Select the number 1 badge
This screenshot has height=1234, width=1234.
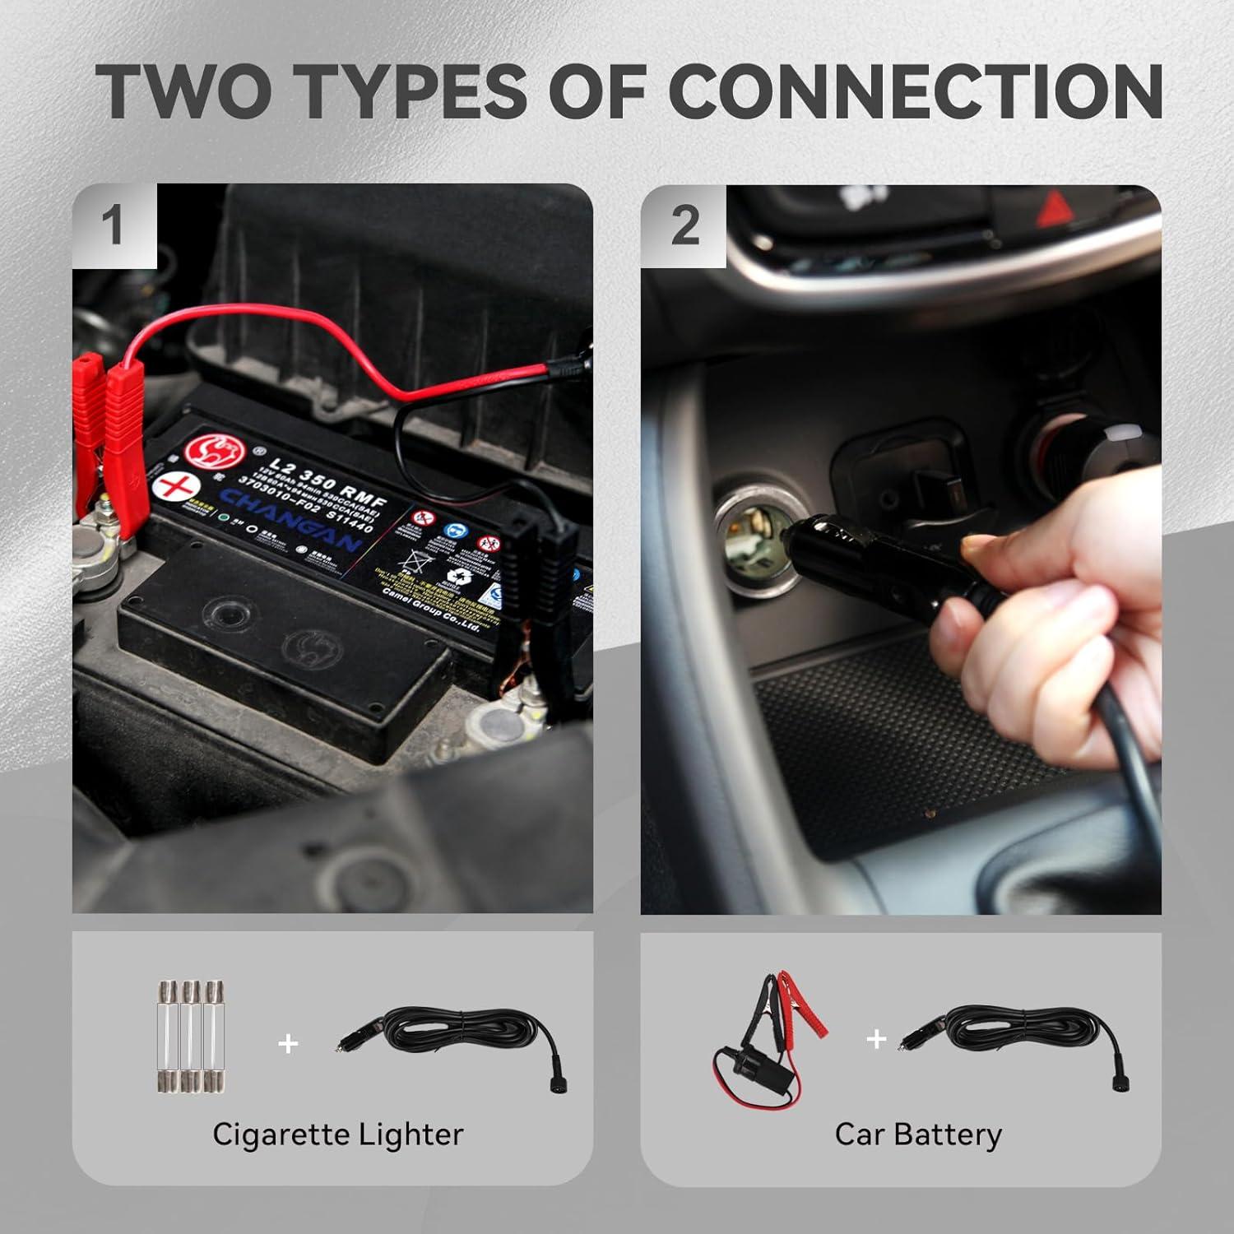click(114, 225)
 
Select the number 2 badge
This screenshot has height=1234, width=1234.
click(684, 225)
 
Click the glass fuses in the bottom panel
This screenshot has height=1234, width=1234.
click(190, 1037)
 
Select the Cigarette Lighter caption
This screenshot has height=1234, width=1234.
click(337, 1134)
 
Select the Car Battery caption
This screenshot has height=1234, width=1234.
click(918, 1134)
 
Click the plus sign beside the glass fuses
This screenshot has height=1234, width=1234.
click(288, 1044)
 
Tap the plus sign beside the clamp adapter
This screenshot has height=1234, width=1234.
click(876, 1039)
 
